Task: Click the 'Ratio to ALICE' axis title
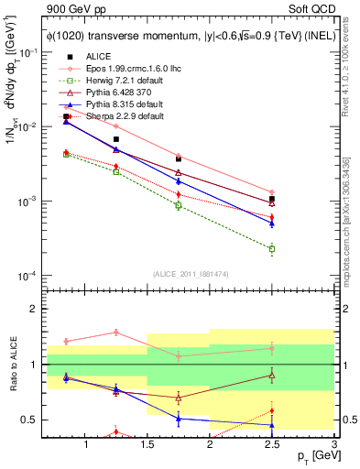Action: coord(13,365)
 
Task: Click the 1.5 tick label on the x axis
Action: coord(147,444)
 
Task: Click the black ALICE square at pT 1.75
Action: coord(179,158)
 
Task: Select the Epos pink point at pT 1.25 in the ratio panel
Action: coord(116,332)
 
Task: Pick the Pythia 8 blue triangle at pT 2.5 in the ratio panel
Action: coord(271,425)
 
